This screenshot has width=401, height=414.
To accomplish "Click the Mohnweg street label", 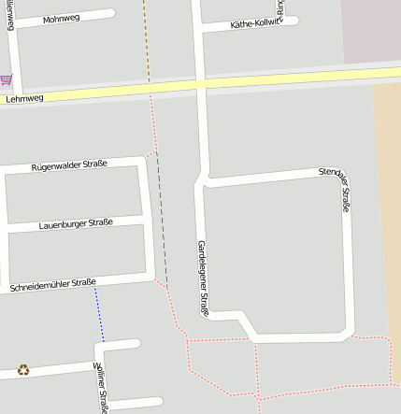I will [x=62, y=19].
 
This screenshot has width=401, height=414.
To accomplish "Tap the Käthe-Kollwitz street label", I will [x=253, y=24].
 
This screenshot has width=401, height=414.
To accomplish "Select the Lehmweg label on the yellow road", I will [x=24, y=97].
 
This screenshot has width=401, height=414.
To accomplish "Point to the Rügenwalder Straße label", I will [x=69, y=164].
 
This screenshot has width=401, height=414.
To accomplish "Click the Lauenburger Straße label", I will [x=76, y=223].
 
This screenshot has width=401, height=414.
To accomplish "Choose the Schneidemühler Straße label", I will [x=52, y=283].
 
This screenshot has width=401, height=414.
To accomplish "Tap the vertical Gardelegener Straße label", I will [x=202, y=278].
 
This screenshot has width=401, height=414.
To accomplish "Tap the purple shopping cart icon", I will [x=7, y=79].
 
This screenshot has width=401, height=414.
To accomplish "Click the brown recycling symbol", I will [x=23, y=370].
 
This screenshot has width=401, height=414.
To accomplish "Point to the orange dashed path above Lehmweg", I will [x=146, y=42].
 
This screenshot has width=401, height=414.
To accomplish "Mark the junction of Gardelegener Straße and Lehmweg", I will [x=200, y=85].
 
